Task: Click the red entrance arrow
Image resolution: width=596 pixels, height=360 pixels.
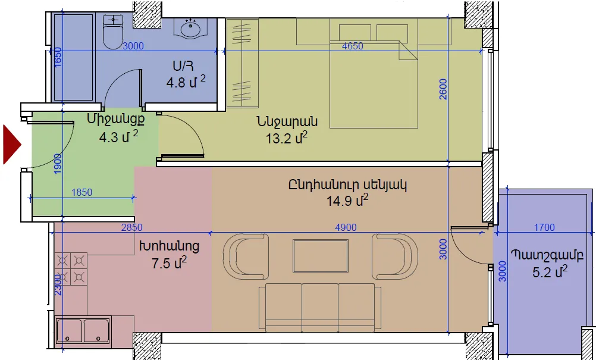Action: click(11, 145)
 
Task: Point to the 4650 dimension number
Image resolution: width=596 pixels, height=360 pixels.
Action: click(352, 46)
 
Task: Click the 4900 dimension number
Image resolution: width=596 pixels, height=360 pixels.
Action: click(346, 227)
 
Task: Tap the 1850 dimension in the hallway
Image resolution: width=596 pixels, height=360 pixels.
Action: click(81, 192)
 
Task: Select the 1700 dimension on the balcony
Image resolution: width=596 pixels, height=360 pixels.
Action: click(544, 227)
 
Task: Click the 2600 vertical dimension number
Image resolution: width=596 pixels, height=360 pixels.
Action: click(443, 89)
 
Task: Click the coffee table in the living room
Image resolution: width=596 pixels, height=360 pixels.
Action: click(321, 256)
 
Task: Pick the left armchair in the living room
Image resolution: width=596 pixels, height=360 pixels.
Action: click(246, 256)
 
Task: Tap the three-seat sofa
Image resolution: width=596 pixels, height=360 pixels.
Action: click(319, 307)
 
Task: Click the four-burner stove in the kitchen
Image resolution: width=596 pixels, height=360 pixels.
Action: click(71, 268)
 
